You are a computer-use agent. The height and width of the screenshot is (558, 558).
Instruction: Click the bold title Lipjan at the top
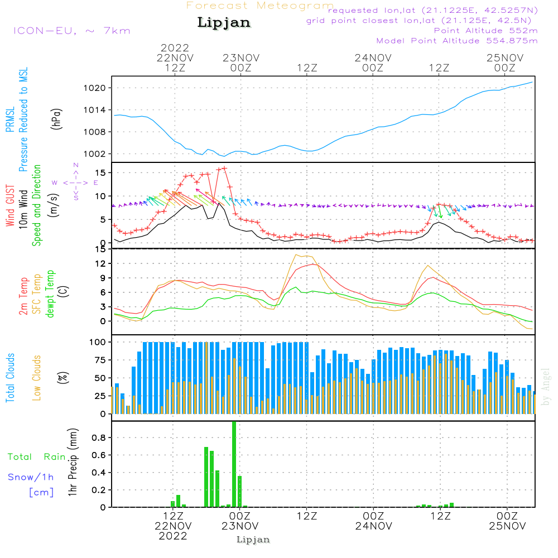224,22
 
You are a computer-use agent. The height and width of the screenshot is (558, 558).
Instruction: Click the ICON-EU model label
71,31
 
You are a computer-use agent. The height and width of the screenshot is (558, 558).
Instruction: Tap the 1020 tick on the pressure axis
93,88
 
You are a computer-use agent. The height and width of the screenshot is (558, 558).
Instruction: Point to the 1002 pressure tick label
93,154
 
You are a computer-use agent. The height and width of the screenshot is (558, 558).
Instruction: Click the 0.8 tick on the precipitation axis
99,438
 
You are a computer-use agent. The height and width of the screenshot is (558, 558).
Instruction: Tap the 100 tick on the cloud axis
98,341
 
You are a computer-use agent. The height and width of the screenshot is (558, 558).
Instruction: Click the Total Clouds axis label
11,378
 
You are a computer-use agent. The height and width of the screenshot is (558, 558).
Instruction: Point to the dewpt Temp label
51,294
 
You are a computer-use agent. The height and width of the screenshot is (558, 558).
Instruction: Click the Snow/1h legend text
31,477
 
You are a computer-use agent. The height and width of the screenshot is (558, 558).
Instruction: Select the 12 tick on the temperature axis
100,263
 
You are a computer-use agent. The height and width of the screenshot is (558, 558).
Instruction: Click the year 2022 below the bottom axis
174,536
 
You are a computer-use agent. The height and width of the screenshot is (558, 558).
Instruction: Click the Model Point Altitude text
457,41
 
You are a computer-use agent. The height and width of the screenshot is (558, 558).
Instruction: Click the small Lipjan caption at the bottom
253,540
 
